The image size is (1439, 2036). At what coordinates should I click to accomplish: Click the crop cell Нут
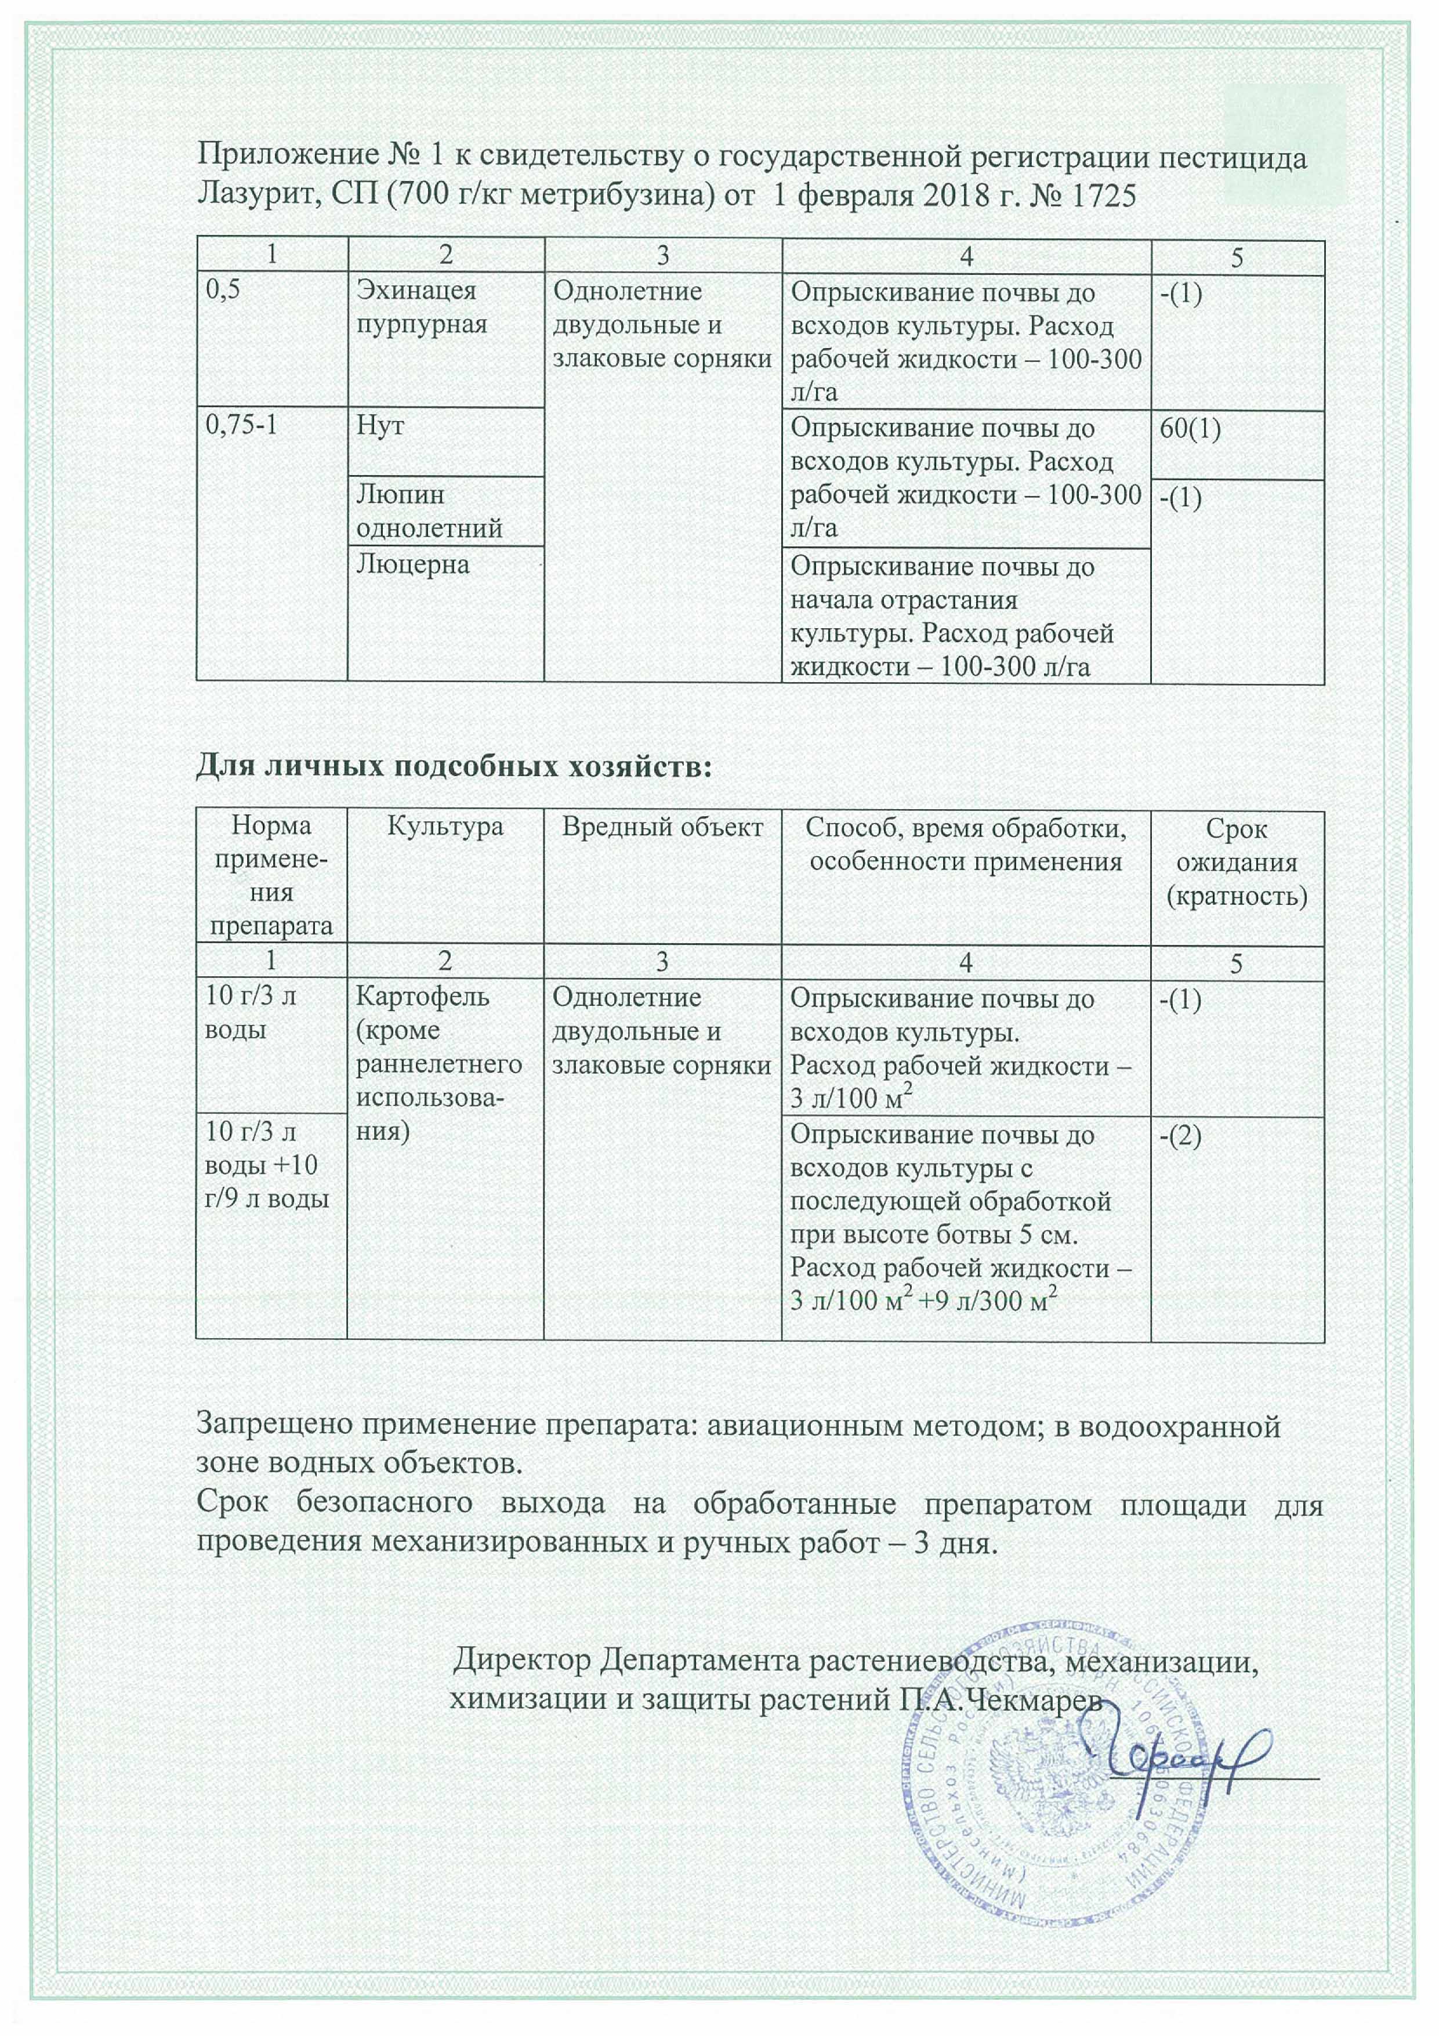pyautogui.click(x=381, y=426)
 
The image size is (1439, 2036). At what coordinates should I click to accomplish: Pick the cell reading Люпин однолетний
pyautogui.click(x=429, y=512)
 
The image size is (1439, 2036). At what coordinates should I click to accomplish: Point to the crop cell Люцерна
pyautogui.click(x=413, y=565)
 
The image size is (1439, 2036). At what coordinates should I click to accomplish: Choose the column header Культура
pyautogui.click(x=445, y=827)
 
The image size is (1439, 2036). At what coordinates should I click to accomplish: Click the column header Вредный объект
pyautogui.click(x=662, y=827)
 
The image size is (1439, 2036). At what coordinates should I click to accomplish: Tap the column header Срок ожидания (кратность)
pyautogui.click(x=1237, y=862)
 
